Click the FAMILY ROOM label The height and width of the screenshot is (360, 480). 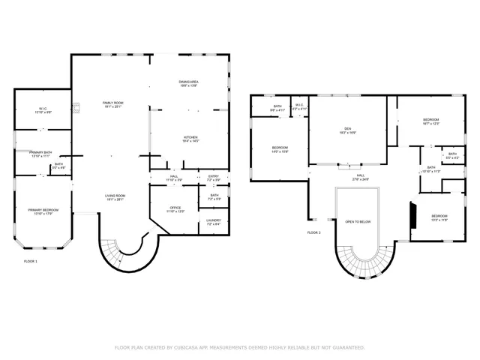[x=112, y=103]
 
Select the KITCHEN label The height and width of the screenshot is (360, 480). [x=190, y=136]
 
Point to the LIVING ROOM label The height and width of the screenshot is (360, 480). [x=115, y=196]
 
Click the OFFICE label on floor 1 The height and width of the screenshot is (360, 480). [x=175, y=208]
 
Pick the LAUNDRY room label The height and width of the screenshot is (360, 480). [x=213, y=220]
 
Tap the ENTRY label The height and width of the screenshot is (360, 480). [x=214, y=176]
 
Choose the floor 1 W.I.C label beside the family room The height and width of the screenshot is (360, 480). [x=43, y=109]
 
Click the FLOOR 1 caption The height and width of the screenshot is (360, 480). [x=31, y=261]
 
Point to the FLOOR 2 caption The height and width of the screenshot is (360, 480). [x=313, y=232]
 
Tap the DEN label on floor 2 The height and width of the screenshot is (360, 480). [x=347, y=128]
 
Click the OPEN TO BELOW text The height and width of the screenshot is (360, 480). [x=358, y=222]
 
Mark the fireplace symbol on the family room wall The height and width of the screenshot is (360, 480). [x=75, y=108]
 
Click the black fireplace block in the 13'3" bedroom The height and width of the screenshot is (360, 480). [x=411, y=215]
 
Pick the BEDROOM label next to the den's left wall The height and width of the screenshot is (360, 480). [x=279, y=148]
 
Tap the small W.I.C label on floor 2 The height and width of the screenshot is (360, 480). [x=298, y=106]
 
